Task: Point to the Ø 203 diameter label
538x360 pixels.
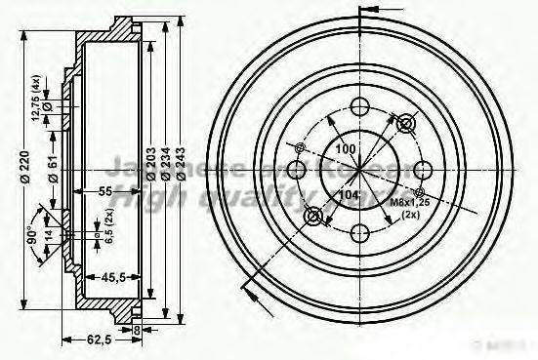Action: (151, 168)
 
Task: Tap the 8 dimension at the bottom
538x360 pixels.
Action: (138, 331)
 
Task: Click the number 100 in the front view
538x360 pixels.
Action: (345, 148)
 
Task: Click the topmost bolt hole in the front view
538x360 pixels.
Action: (360, 108)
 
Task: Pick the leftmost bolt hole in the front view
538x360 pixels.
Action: (298, 171)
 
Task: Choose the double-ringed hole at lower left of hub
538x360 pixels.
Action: (313, 216)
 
